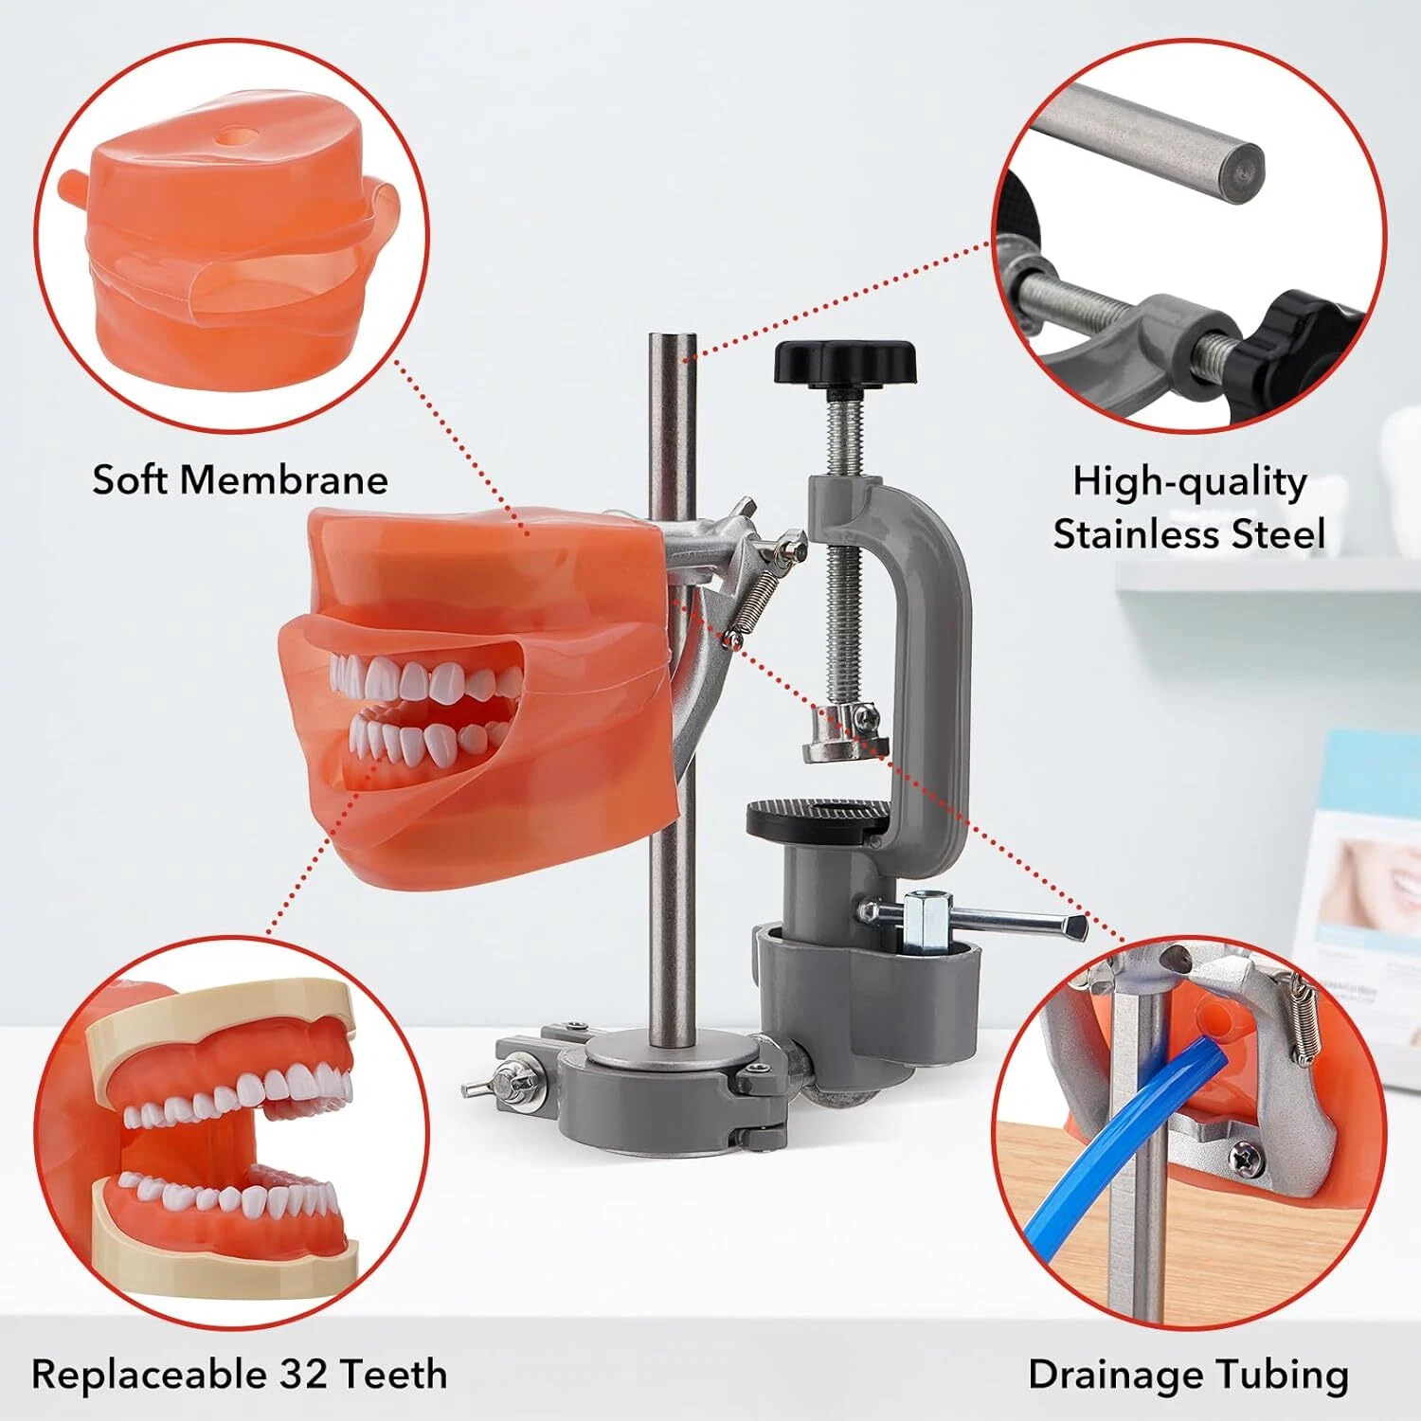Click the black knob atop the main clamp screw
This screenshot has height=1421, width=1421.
point(844,363)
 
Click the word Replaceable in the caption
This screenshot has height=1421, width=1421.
point(149,1374)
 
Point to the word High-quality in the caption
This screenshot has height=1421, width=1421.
point(1189,482)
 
